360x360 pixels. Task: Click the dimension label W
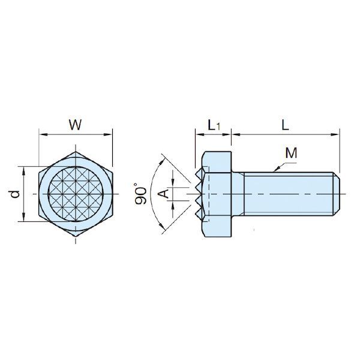pos(75,125)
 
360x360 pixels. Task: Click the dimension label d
pos(14,194)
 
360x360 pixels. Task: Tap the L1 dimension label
pos(214,125)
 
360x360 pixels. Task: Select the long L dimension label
pos(286,125)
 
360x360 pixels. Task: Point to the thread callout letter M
pos(292,153)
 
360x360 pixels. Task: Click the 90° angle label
pos(141,195)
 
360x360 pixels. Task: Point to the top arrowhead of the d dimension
pos(23,169)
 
